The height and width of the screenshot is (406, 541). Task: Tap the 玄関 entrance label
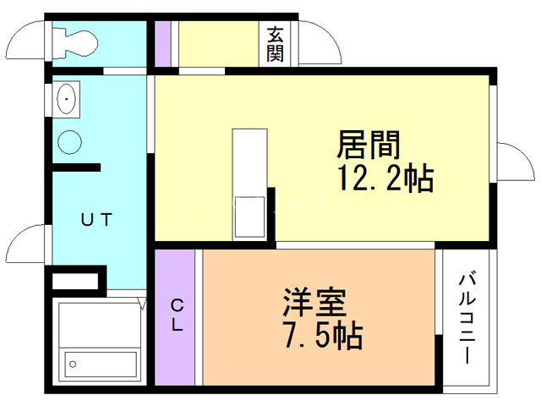coord(276,44)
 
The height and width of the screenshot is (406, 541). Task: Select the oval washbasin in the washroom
coord(66,101)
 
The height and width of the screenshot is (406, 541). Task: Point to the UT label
coord(96,219)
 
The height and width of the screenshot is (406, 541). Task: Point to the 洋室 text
coord(315,301)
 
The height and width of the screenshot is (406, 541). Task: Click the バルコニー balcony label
coord(467,317)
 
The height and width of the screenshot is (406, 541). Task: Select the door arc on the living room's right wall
coord(511,162)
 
